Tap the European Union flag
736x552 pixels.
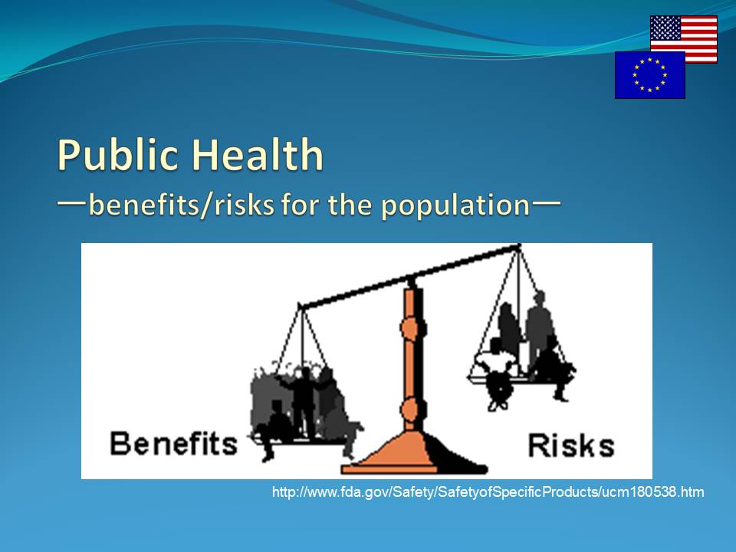[650, 75]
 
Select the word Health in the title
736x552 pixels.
[258, 154]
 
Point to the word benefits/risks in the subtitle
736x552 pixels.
[181, 205]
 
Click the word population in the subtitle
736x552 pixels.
[455, 206]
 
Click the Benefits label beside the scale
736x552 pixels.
[174, 444]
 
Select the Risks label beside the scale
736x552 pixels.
[571, 445]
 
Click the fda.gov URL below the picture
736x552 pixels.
[488, 492]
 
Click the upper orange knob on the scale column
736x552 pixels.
[412, 327]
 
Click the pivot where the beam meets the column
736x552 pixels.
[412, 281]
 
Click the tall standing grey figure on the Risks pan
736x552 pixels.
[539, 329]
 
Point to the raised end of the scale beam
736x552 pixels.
[518, 246]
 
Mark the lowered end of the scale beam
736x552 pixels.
[301, 307]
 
